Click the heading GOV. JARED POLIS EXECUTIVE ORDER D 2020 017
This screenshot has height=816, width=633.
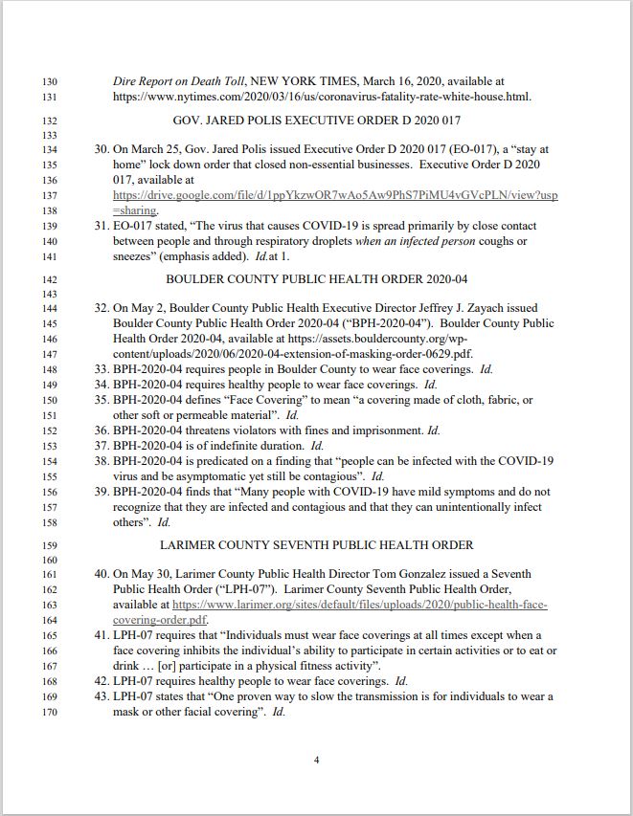pyautogui.click(x=316, y=121)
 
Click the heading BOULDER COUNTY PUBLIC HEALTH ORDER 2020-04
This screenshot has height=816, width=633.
pyautogui.click(x=316, y=278)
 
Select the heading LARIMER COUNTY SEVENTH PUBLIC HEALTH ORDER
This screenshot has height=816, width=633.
pyautogui.click(x=316, y=545)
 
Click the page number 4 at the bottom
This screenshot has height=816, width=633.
pyautogui.click(x=316, y=761)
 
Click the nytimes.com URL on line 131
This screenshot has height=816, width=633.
pyautogui.click(x=322, y=97)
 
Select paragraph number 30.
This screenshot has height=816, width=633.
pyautogui.click(x=102, y=150)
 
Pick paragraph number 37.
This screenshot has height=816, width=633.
pyautogui.click(x=102, y=446)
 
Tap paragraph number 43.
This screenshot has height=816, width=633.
pyautogui.click(x=102, y=696)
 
